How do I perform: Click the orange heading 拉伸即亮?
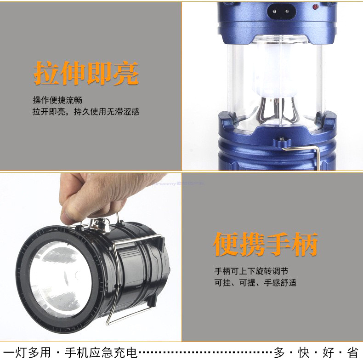(x=86, y=74)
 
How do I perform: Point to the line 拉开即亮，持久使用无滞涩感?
(x=86, y=112)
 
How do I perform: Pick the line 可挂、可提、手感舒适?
(x=255, y=282)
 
